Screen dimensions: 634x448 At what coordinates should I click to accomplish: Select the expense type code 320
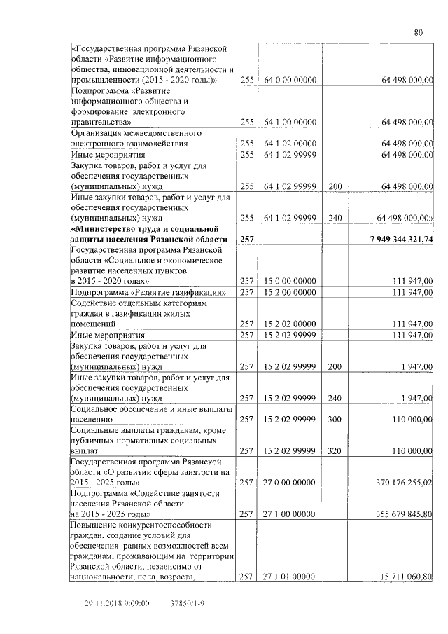[x=335, y=450]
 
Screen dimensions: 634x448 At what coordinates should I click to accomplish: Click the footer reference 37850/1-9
[x=187, y=603]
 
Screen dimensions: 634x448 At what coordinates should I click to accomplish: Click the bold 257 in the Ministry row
[x=247, y=240]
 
